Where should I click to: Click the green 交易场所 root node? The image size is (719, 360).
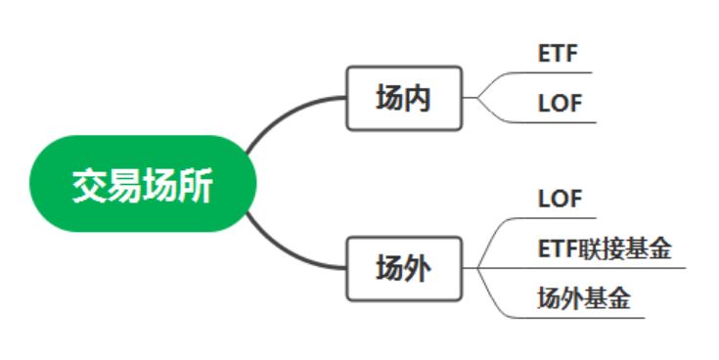click(x=143, y=184)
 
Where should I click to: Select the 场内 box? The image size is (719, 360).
click(x=403, y=98)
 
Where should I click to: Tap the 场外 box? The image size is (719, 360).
click(x=403, y=267)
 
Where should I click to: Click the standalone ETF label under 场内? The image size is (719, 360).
click(x=558, y=55)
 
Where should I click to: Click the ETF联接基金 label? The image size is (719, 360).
click(x=605, y=249)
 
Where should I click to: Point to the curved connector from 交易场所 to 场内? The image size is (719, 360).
click(x=284, y=112)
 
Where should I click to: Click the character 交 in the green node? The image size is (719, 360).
click(x=89, y=185)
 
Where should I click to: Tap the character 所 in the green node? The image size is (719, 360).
click(x=196, y=185)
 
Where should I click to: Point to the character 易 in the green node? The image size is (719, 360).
click(x=124, y=185)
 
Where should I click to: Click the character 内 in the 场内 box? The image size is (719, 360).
click(x=418, y=98)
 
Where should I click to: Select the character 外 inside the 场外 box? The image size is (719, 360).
click(x=418, y=267)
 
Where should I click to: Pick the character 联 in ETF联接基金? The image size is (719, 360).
click(x=591, y=249)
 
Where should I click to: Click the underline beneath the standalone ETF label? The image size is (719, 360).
click(x=558, y=72)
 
